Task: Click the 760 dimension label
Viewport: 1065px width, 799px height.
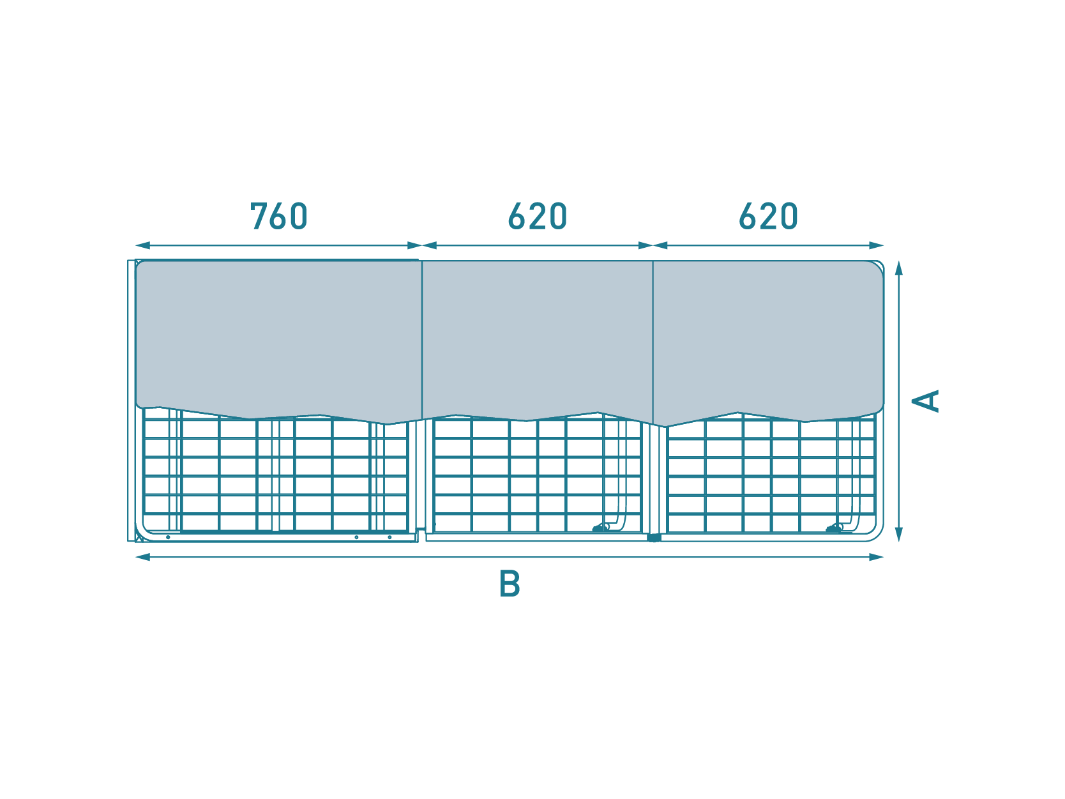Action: [x=279, y=216]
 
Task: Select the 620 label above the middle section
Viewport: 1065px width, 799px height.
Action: [x=538, y=216]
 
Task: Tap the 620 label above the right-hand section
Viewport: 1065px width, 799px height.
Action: [x=769, y=216]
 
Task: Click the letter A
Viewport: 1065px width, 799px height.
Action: [x=925, y=401]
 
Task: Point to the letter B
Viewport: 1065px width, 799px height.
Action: [x=510, y=584]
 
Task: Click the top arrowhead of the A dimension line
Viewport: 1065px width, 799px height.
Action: [x=898, y=268]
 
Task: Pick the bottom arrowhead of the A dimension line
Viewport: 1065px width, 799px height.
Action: [x=898, y=535]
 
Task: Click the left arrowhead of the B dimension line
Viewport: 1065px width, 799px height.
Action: [x=142, y=558]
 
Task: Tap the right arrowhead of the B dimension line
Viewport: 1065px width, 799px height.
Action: [x=876, y=558]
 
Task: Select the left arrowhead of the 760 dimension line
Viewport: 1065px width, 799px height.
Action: [x=142, y=245]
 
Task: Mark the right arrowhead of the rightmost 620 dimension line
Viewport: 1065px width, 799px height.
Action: [x=876, y=245]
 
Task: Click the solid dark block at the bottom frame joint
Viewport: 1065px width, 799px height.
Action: [x=654, y=538]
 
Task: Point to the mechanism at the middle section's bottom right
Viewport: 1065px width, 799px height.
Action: [x=601, y=528]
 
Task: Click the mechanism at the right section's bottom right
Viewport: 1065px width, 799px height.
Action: [x=834, y=528]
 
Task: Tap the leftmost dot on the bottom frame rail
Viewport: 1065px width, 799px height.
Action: [x=168, y=538]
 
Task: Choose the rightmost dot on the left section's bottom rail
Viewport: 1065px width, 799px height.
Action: [x=389, y=538]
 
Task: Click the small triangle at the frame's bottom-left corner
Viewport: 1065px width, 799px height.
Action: [x=139, y=537]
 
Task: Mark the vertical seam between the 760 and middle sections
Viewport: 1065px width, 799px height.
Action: [x=422, y=340]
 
